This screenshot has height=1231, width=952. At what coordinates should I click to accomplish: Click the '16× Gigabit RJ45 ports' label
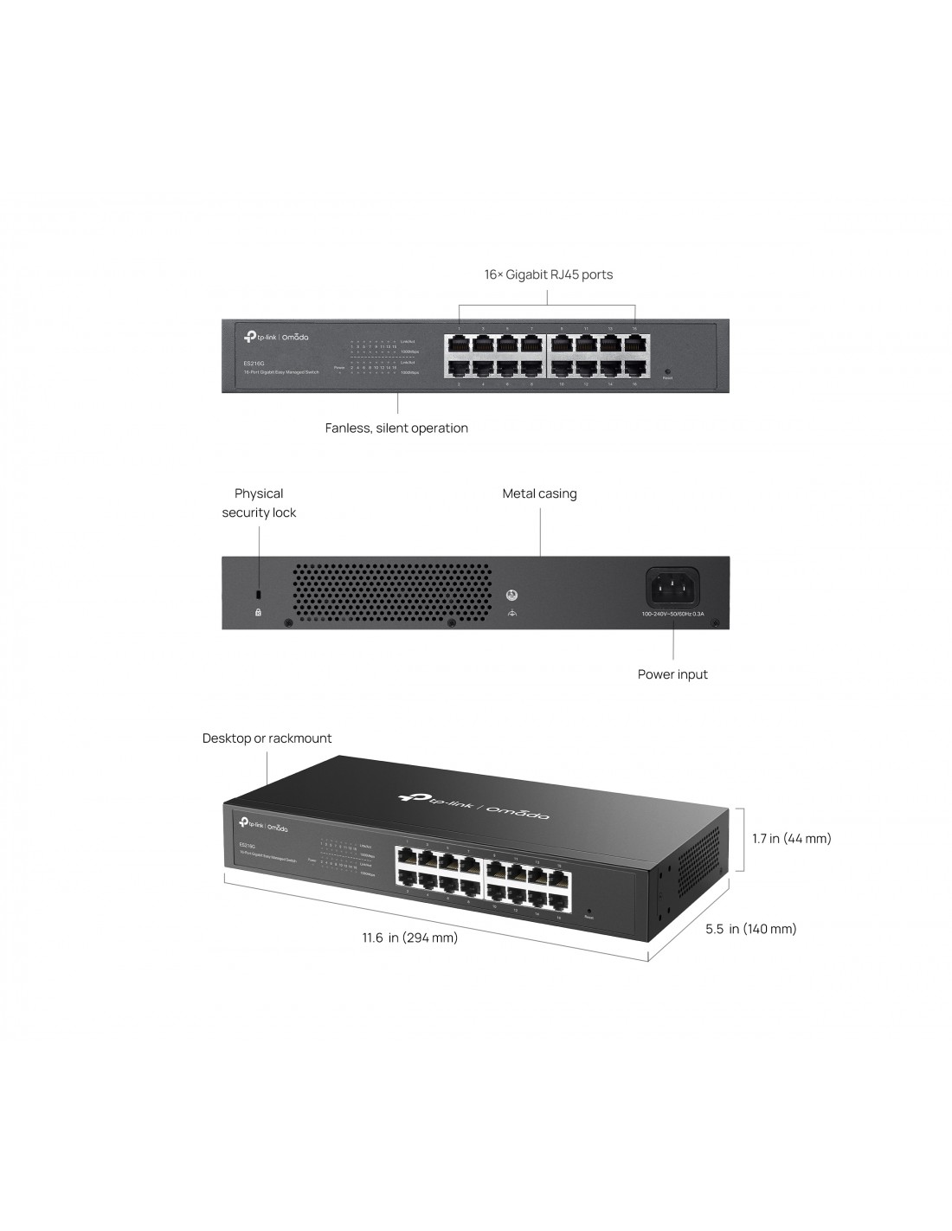tap(548, 275)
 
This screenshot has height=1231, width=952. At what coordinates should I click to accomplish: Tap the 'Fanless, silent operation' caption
tap(396, 428)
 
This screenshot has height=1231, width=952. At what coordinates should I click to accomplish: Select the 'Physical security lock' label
tap(259, 503)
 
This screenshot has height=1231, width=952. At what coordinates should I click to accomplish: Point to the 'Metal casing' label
tap(539, 493)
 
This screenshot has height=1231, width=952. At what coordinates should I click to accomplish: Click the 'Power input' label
tap(672, 674)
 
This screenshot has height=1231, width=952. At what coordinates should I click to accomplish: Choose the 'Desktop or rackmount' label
tap(267, 738)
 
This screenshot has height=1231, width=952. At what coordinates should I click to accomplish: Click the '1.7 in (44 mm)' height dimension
tap(791, 838)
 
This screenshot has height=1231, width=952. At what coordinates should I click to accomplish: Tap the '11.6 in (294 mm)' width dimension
tap(410, 938)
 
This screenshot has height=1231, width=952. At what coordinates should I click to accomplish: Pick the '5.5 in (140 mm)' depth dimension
tap(750, 929)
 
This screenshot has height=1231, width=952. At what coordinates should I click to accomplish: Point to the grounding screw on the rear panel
tap(511, 596)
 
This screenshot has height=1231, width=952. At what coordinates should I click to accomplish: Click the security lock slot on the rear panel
tap(258, 595)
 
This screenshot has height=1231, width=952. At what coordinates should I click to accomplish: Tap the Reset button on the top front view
tap(667, 371)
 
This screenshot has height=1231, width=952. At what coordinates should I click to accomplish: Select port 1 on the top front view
tap(458, 344)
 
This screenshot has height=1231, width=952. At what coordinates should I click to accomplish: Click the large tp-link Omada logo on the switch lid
tap(473, 804)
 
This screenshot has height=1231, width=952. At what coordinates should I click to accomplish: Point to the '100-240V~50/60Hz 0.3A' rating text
tap(672, 614)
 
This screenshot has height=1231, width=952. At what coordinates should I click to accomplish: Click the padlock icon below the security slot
tap(258, 612)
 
